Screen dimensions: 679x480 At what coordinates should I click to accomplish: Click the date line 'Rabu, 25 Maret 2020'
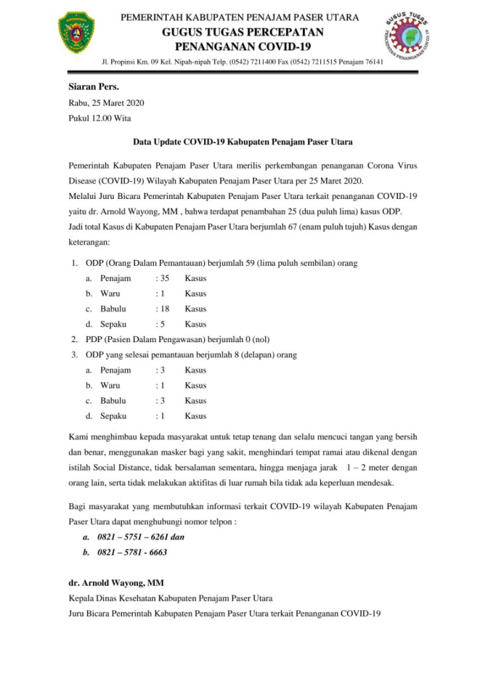(x=106, y=103)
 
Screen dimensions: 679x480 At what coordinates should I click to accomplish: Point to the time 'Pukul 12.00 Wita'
(x=100, y=118)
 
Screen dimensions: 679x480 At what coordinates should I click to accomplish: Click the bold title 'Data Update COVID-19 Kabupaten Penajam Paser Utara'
(x=243, y=141)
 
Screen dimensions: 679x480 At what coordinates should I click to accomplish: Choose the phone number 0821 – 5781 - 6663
(x=133, y=552)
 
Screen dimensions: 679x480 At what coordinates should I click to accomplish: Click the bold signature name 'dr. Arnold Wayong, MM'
(x=116, y=584)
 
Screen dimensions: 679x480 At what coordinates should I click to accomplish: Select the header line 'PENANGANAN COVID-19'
(x=242, y=46)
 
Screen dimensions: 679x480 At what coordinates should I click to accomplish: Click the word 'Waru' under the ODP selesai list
(x=110, y=385)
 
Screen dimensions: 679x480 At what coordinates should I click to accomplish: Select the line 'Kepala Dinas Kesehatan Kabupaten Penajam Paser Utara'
(x=170, y=598)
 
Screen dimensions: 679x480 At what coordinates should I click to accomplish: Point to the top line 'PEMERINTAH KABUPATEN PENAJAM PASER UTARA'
(x=240, y=17)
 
